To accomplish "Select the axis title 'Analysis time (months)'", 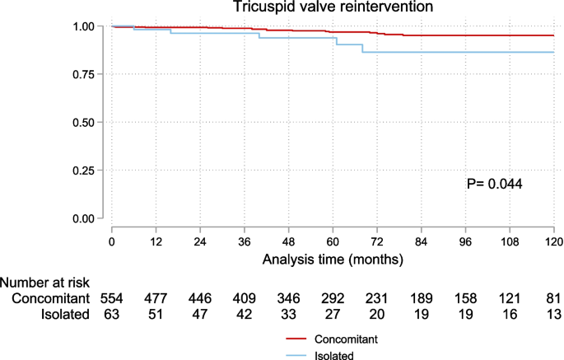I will tap(333, 259).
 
